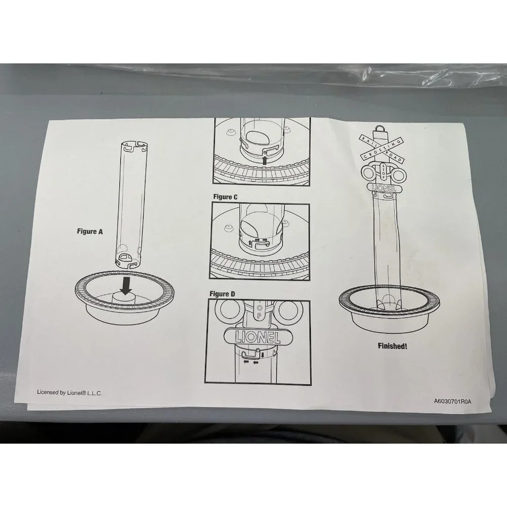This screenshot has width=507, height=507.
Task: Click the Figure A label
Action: tap(90, 231)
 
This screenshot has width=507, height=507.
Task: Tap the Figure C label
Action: tap(226, 197)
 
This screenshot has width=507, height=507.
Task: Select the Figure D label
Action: tap(223, 294)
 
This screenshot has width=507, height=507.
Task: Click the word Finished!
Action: tap(392, 346)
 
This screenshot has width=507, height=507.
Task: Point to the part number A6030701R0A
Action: tap(453, 401)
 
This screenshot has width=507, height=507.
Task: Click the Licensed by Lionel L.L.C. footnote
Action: tap(69, 392)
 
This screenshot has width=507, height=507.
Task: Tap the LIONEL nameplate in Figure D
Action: tap(258, 337)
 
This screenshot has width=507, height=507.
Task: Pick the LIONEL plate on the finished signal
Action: tap(384, 188)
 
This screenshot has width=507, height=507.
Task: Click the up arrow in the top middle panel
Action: tap(265, 160)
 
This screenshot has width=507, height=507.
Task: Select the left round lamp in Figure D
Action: tap(230, 310)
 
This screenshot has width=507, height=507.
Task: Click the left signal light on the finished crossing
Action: tap(369, 173)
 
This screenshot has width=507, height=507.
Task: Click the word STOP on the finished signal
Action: tap(384, 172)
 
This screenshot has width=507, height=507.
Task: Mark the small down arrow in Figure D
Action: tap(262, 355)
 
